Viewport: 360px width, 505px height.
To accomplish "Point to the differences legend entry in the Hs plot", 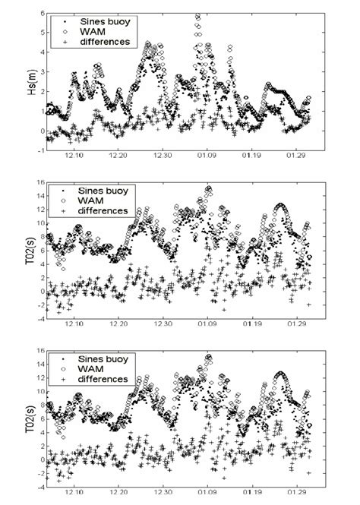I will [97, 43].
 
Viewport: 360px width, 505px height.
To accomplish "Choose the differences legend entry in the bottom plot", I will [97, 378].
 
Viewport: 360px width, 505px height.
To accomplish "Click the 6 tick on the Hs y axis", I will [40, 14].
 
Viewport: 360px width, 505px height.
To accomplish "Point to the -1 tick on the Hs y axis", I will [39, 151].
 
